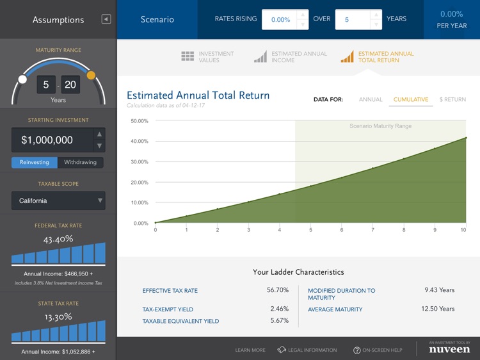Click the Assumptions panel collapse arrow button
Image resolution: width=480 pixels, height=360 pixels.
[106, 19]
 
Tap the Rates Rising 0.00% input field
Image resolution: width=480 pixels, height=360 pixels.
[280, 20]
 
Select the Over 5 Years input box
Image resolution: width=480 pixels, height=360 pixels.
[353, 20]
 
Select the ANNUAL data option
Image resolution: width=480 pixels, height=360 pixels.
[371, 99]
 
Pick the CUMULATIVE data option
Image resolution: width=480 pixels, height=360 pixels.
[411, 99]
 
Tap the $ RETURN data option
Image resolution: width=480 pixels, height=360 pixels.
[452, 99]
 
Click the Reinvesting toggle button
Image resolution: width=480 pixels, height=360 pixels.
[35, 162]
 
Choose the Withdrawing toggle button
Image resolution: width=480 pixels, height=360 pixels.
[80, 162]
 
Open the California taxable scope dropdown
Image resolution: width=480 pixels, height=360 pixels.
[58, 200]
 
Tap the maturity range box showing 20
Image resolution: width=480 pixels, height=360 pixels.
[70, 85]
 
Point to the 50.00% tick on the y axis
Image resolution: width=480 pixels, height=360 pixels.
[140, 120]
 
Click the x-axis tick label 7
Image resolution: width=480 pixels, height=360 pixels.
[372, 230]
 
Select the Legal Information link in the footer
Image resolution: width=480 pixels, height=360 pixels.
[307, 350]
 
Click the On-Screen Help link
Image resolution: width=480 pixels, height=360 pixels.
[378, 350]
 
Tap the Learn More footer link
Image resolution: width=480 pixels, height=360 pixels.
[250, 350]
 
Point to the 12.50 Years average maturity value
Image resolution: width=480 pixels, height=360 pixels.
[438, 309]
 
